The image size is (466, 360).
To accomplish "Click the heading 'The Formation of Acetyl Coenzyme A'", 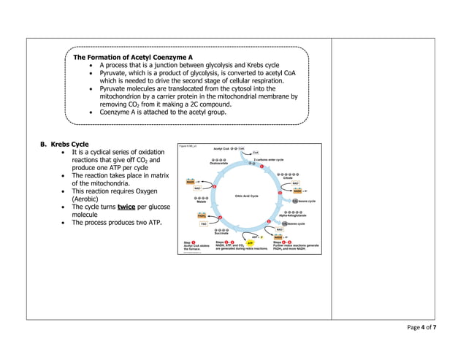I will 132,57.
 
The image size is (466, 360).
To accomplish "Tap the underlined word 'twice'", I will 128,207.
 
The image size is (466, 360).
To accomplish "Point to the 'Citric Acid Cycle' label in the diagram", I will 246,196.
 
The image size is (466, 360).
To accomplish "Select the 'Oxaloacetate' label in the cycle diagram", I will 218,164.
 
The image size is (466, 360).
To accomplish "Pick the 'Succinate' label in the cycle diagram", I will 222,234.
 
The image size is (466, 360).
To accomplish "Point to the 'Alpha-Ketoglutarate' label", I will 293,215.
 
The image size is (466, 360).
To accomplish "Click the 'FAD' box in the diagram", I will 205,224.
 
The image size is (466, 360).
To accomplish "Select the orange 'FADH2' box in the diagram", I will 202,215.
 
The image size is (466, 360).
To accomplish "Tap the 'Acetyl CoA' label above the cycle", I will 224,148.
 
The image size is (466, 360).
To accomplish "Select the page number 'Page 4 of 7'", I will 421,328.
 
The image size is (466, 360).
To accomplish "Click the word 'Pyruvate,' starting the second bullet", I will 117,73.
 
